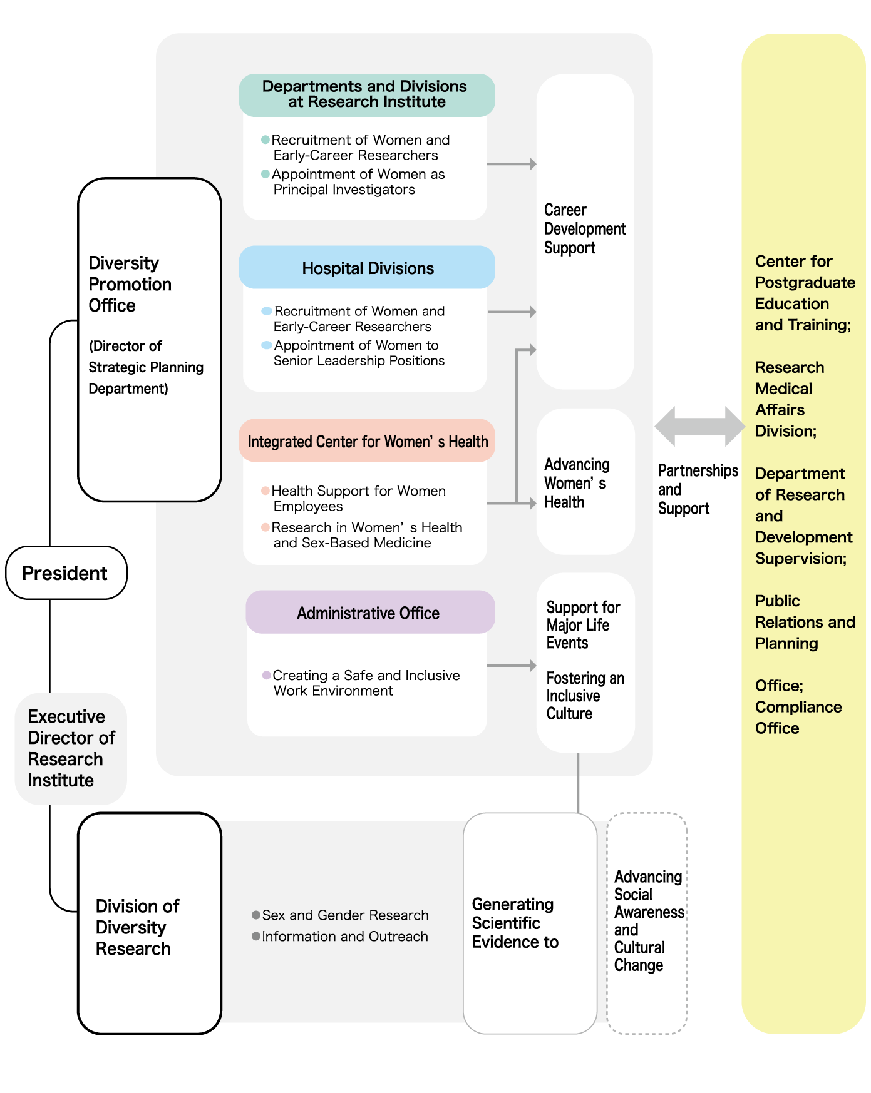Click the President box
(66, 573)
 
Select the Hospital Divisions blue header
(368, 268)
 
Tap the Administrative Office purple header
(369, 613)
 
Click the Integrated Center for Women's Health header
(368, 442)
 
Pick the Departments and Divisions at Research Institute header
(366, 94)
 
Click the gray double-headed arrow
(699, 427)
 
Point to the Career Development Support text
(584, 229)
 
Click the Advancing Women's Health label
(576, 483)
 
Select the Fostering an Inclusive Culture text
(584, 696)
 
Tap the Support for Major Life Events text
(582, 625)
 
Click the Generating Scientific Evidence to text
(515, 923)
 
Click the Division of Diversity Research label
(137, 927)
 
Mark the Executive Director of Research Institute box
(71, 748)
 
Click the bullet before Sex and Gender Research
(256, 915)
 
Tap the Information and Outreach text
(345, 937)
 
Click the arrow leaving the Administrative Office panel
(511, 666)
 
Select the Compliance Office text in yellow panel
(798, 718)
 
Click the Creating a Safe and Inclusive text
(366, 676)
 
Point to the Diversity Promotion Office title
(130, 284)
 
